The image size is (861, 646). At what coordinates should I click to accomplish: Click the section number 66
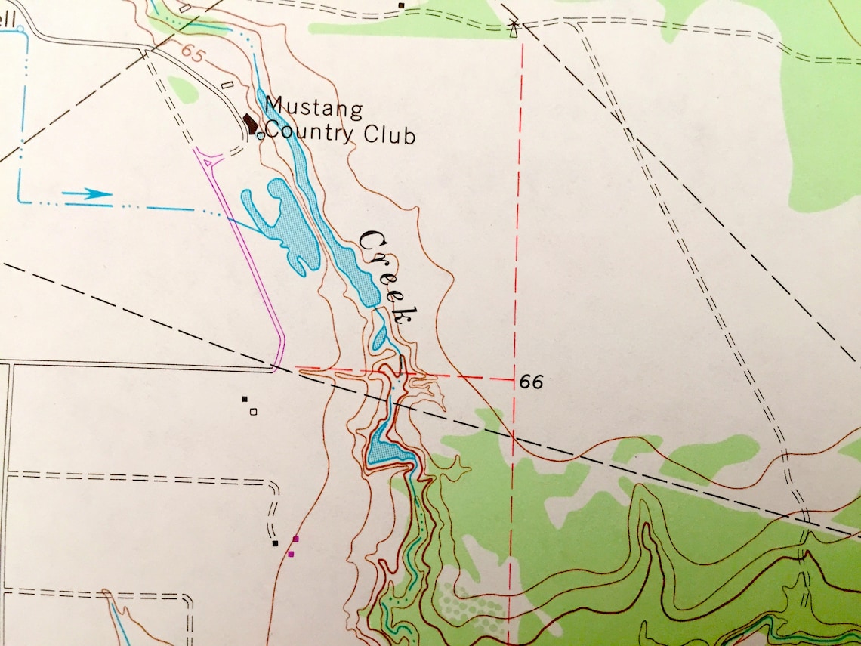[x=531, y=382]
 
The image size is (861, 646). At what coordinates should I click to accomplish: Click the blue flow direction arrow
[x=87, y=195]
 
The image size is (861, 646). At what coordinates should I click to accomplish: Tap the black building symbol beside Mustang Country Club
[x=250, y=123]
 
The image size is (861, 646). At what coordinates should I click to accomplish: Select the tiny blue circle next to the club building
[x=261, y=136]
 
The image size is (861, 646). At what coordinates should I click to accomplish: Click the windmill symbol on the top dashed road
[x=514, y=29]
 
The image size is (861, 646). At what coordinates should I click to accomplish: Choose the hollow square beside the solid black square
[x=254, y=412]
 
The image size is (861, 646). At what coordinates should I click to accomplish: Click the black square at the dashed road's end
[x=275, y=542]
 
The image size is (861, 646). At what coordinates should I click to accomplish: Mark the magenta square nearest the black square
[x=295, y=539]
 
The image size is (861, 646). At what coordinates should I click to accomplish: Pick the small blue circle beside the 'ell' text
[x=20, y=29]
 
